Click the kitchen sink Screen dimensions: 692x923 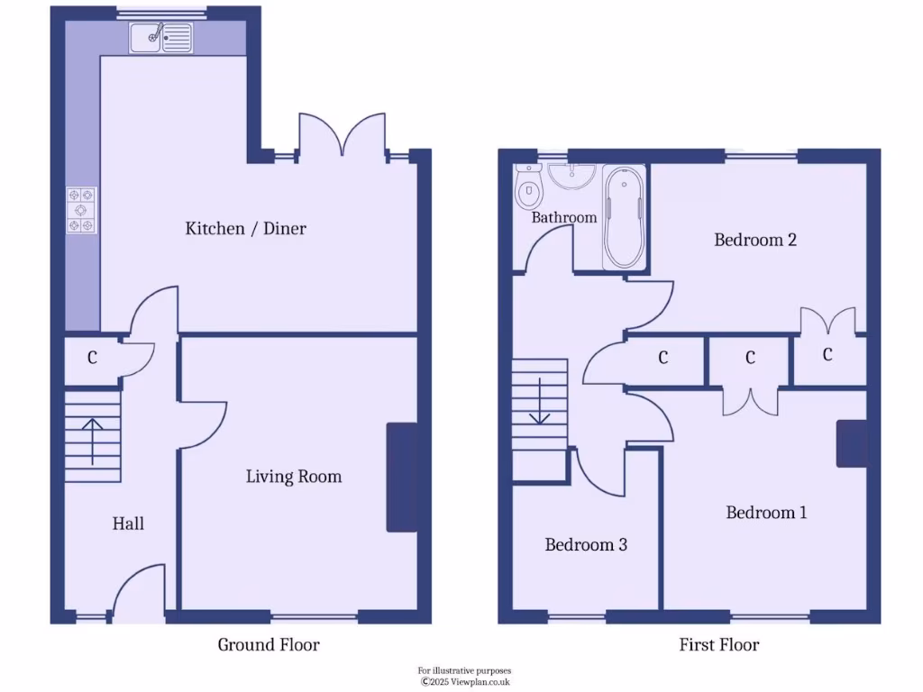click(161, 37)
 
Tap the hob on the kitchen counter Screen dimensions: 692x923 click(81, 209)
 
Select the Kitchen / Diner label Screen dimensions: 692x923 click(245, 229)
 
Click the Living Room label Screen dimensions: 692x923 click(294, 477)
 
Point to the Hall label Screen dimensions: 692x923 click(128, 524)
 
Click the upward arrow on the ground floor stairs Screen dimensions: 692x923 click(92, 440)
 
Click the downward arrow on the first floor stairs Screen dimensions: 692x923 click(539, 401)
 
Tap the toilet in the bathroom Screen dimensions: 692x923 click(527, 189)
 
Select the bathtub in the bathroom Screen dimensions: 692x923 click(624, 219)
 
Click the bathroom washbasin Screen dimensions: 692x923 click(571, 177)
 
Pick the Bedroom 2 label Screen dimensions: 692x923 click(755, 240)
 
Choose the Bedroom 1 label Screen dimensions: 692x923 click(766, 513)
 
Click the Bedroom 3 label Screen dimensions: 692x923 click(586, 545)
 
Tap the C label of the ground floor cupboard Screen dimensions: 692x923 click(92, 358)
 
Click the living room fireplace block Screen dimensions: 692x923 click(402, 477)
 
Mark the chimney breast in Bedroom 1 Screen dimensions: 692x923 click(852, 443)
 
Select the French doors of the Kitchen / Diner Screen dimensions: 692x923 click(343, 135)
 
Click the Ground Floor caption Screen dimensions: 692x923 click(269, 645)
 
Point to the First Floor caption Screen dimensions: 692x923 click(718, 645)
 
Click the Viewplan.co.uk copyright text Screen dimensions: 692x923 click(465, 682)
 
